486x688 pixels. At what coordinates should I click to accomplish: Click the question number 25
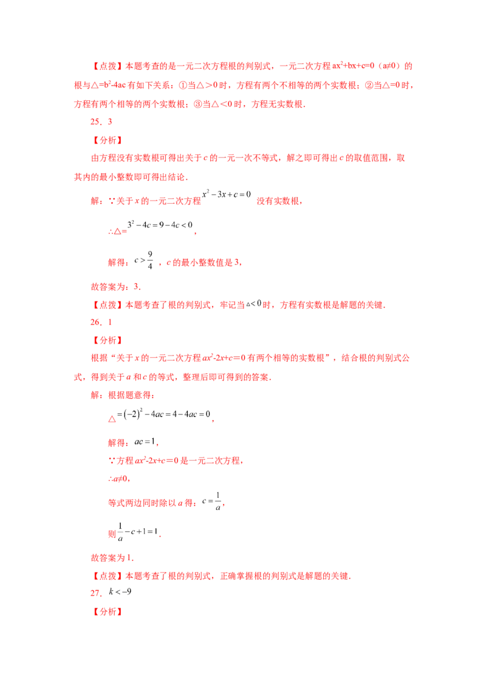tap(95, 122)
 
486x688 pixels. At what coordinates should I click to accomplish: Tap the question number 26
tap(95, 323)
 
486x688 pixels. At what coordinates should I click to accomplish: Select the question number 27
tap(95, 593)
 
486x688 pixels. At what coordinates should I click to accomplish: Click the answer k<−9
tap(120, 591)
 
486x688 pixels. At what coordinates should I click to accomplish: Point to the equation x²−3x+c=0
tap(227, 194)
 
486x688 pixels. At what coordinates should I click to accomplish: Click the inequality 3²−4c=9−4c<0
tap(160, 225)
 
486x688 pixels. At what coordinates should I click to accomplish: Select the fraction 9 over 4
tap(150, 260)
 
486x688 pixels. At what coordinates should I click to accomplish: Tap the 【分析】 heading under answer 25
tap(107, 140)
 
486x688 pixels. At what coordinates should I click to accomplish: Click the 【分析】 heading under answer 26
tap(107, 340)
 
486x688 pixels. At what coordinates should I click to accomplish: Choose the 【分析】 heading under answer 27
tap(107, 611)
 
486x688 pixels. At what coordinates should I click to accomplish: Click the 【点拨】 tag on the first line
tap(107, 66)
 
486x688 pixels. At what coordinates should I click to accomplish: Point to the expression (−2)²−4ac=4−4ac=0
tap(163, 414)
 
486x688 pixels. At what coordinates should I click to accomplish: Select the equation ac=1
tap(145, 441)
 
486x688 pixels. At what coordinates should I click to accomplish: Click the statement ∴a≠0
tap(118, 479)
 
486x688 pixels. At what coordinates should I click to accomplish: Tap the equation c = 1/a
tap(212, 501)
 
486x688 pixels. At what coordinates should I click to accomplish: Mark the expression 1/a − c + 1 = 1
tap(137, 532)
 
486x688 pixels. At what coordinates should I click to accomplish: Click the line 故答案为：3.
tap(116, 287)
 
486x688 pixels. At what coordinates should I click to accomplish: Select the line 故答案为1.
tap(112, 558)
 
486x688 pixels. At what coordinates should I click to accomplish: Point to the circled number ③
tap(198, 105)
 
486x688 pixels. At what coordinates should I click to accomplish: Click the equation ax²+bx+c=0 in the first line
tap(353, 66)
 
